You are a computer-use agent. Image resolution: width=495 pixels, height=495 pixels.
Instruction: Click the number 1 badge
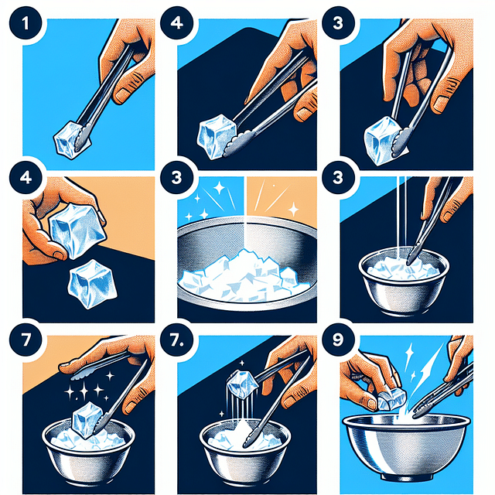pyautogui.click(x=23, y=22)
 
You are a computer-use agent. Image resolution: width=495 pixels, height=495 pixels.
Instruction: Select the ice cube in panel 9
pyautogui.click(x=393, y=398)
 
